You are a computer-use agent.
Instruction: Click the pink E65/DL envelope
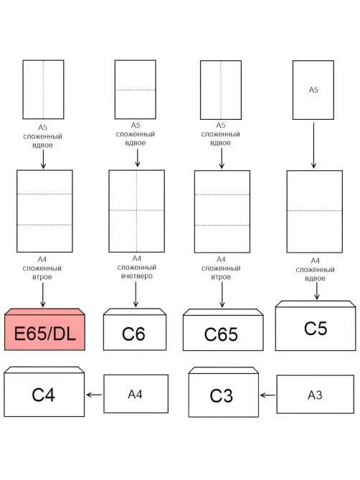(44, 329)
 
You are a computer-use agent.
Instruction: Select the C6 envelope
(135, 329)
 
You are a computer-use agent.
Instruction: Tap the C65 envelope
(223, 330)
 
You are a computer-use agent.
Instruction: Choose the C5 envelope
(316, 326)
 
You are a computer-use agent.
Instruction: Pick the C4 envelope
(44, 392)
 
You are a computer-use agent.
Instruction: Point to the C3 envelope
(224, 392)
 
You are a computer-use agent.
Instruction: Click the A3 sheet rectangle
(316, 395)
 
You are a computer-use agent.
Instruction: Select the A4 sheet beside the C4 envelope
(136, 394)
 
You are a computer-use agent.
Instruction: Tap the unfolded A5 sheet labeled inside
(313, 90)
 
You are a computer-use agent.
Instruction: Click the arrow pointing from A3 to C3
(267, 395)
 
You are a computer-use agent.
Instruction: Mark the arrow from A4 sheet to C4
(94, 395)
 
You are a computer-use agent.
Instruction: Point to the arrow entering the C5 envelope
(317, 291)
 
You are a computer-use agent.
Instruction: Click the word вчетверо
(137, 276)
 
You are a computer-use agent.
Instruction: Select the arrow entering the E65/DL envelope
(43, 295)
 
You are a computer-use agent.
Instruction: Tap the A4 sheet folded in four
(137, 211)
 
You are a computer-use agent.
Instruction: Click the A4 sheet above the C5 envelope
(314, 212)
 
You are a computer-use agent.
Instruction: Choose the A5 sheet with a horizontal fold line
(136, 90)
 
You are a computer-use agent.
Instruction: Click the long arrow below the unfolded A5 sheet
(313, 146)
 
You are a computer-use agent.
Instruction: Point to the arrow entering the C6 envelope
(136, 294)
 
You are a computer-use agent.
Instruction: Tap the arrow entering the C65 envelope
(222, 294)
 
